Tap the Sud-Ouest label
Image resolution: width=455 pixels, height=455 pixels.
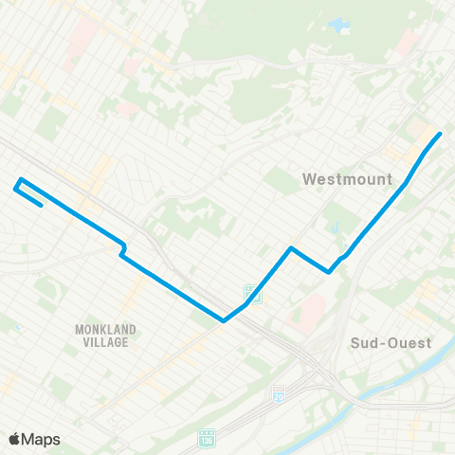pos(391,342)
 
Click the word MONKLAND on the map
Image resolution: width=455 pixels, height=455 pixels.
pos(105,329)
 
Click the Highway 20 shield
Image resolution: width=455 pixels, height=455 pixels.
pos(279,391)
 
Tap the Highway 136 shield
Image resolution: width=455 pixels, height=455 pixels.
pos(207,437)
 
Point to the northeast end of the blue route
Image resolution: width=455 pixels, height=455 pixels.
pos(441,134)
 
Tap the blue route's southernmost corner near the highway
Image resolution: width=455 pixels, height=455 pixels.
pos(224,320)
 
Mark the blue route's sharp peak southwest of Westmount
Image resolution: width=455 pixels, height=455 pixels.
pos(291,248)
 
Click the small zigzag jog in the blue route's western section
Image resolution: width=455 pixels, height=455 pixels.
pos(122,248)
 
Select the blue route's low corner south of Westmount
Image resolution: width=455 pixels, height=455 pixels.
pos(329,272)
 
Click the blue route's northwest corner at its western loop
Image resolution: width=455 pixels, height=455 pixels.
pos(21,179)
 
